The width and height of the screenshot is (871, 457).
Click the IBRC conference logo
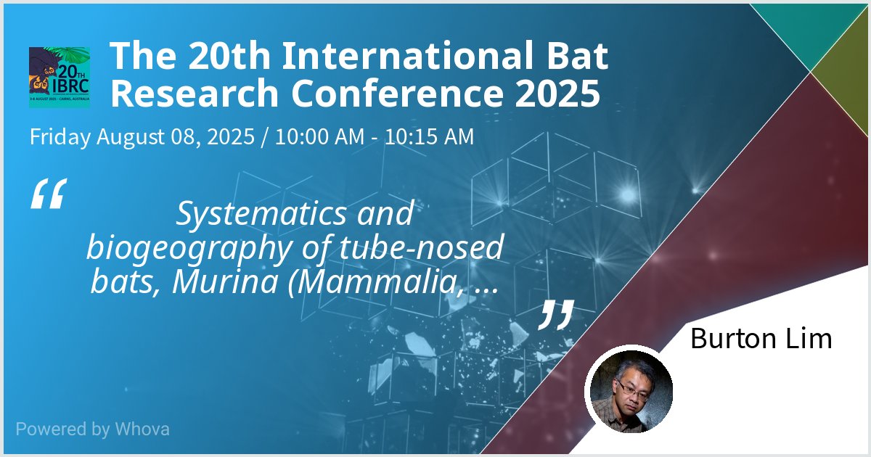pyautogui.click(x=60, y=78)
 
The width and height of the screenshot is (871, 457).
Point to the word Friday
pyautogui.click(x=60, y=136)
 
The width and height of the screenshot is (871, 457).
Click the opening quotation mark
pyautogui.click(x=49, y=194)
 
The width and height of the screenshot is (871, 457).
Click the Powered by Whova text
pyautogui.click(x=92, y=429)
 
